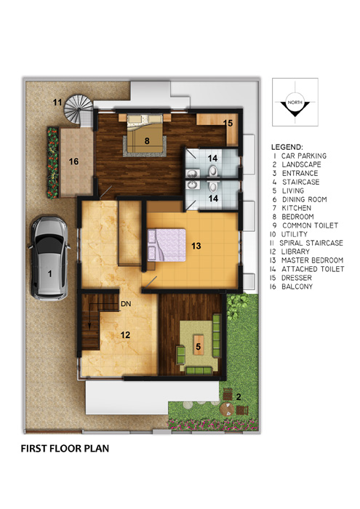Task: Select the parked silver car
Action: [x=49, y=258]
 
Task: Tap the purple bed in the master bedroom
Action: [x=167, y=245]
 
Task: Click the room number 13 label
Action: [x=196, y=246]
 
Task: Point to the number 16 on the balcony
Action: [x=73, y=161]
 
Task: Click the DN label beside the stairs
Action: [x=126, y=304]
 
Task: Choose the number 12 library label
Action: [x=125, y=334]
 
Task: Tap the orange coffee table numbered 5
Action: [x=199, y=346]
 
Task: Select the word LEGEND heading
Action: [x=287, y=147]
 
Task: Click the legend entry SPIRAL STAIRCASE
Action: [x=311, y=243]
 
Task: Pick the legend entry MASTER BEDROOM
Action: [x=312, y=260]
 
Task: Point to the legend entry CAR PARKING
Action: [x=304, y=156]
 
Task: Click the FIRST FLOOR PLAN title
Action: [x=65, y=449]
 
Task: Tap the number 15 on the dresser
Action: [x=228, y=123]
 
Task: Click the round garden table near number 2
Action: [x=227, y=409]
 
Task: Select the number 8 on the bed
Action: [x=147, y=140]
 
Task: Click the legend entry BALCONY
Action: [x=297, y=286]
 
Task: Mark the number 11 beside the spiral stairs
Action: [x=57, y=103]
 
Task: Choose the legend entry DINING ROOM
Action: [x=305, y=199]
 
